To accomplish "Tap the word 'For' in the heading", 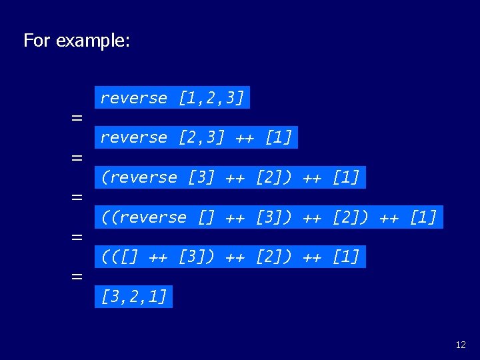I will [37, 41].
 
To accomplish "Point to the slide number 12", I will [461, 345].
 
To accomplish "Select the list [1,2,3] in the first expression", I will [211, 98].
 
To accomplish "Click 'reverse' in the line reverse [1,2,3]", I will [134, 98].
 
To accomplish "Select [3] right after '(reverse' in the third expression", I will [201, 177].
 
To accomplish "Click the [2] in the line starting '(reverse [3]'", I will [269, 177].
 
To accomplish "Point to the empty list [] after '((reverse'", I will [206, 217].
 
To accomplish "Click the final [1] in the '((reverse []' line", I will [423, 217].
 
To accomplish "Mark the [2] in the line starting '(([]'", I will [269, 256].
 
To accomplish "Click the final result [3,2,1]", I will [134, 296].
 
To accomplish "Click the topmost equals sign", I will [77, 118].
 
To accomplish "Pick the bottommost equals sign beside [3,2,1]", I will [77, 277].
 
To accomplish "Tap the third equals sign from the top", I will [77, 197].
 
